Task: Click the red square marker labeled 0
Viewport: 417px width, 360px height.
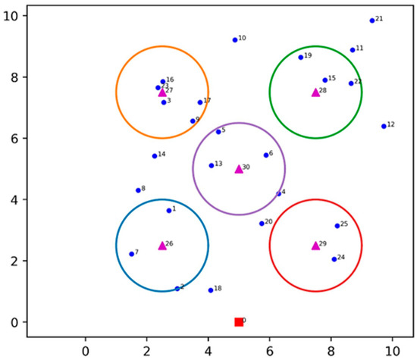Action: pos(239,322)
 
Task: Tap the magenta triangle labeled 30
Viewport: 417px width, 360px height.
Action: pos(239,169)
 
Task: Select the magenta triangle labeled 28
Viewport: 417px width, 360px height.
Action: pos(315,92)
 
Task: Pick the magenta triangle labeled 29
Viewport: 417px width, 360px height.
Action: pos(315,246)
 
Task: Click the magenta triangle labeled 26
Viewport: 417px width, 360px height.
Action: pos(162,246)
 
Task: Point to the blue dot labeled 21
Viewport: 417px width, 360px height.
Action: pos(372,20)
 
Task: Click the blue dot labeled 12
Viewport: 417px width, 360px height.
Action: pos(384,126)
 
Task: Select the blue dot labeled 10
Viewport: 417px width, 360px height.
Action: pos(234,40)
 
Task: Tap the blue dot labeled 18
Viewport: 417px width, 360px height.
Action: pos(211,290)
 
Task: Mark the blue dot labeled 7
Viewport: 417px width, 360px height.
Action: pos(131,254)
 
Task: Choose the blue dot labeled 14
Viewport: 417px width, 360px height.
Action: pos(154,156)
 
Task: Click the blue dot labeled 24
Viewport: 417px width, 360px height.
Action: pos(334,259)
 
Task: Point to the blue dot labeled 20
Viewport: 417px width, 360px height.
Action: pos(262,224)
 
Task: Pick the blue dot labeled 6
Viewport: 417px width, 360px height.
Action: pos(266,155)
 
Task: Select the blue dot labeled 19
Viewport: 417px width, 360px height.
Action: pos(300,58)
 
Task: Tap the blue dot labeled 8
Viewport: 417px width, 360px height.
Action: pos(138,190)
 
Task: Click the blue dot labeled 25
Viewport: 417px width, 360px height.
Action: pos(337,226)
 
